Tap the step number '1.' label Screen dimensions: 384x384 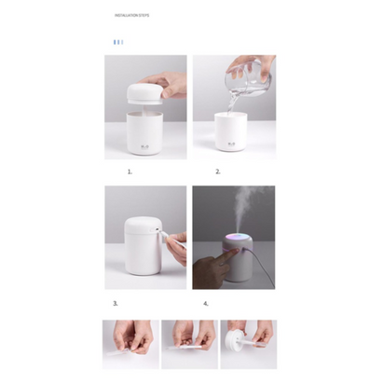coord(130,172)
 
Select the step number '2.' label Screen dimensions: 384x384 coord(218,172)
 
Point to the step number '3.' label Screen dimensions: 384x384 coord(116,304)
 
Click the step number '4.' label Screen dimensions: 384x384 coord(206,304)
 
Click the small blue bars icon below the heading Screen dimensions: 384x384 coord(117,42)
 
